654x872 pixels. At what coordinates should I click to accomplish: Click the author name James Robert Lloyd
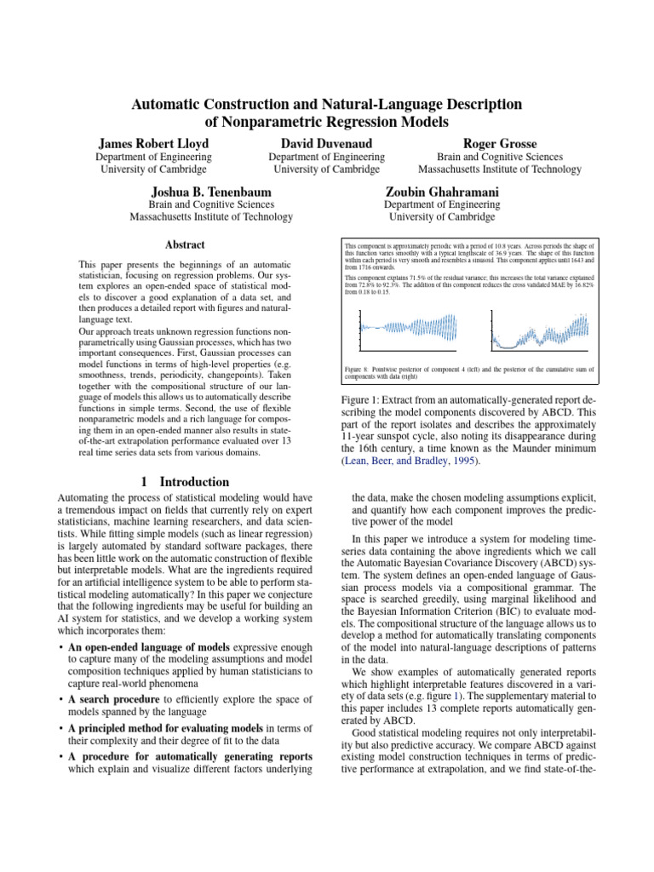click(153, 143)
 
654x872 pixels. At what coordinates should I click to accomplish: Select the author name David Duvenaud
click(326, 143)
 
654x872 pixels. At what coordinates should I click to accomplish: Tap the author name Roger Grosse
click(500, 143)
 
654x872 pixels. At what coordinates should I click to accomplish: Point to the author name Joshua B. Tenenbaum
click(211, 191)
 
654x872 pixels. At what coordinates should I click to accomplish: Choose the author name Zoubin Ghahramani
click(442, 191)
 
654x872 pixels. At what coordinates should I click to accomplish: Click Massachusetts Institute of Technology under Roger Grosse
click(499, 169)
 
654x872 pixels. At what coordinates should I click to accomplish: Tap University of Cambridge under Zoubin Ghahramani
click(442, 217)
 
